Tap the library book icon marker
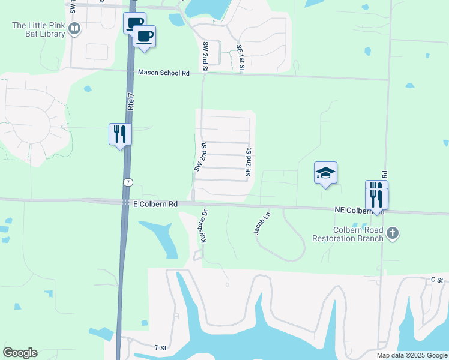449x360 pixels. tap(75, 28)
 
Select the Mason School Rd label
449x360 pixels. tap(164, 73)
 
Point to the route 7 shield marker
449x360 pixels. tap(128, 181)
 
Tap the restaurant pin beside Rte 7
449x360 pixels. tap(119, 134)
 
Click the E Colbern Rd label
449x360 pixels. tap(155, 204)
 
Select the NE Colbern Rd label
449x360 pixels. tap(359, 211)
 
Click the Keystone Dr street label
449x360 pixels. tap(203, 226)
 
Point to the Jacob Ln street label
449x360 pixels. tap(264, 223)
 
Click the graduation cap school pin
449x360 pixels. tap(325, 173)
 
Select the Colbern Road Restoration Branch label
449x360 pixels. tap(348, 234)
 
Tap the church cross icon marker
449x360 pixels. tap(393, 233)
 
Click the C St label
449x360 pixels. tap(436, 280)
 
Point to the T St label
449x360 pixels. tap(160, 348)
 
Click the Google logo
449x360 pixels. tap(20, 353)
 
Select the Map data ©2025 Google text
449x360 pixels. tap(411, 355)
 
